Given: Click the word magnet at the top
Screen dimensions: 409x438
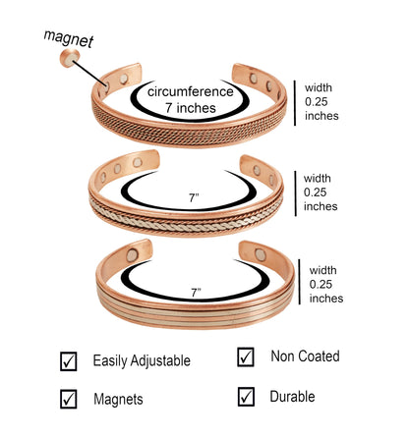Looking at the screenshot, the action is coord(69,38).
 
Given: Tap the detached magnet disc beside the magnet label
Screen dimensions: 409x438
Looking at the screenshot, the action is coord(70,58).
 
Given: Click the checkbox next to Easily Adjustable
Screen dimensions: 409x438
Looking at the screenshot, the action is coord(69,361).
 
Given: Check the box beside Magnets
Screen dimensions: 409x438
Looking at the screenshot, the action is coord(69,399).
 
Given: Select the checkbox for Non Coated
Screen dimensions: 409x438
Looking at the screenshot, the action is coord(246,357).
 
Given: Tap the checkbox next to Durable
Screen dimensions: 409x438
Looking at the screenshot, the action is coord(246,397).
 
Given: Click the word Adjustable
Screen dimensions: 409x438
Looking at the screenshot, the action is coord(160,361).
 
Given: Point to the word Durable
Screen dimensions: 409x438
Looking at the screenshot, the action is coord(292,397).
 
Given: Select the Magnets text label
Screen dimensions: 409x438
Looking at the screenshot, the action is coord(118,400).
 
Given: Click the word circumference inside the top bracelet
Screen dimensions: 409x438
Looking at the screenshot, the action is coord(191,91).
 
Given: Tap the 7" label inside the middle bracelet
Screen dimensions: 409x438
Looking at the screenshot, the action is coord(194,198).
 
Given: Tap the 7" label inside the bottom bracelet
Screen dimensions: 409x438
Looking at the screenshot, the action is coord(197,293).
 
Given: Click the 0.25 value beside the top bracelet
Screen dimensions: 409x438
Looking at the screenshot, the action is coord(317,102).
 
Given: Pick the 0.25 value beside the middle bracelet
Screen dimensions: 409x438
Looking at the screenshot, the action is coord(315,192).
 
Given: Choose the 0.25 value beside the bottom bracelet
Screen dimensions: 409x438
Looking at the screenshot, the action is coord(321,284).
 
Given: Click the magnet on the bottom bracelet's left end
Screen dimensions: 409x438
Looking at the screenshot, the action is coord(132,255).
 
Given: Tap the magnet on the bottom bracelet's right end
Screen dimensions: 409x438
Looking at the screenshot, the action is coord(261,254).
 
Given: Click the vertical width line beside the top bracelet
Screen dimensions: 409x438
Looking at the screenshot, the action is coord(295,103).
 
